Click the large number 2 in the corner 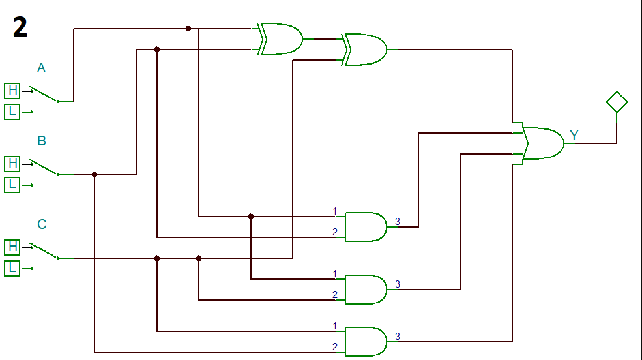(x=20, y=27)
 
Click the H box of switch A (x=12, y=91)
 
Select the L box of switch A (x=12, y=112)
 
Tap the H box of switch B (x=12, y=163)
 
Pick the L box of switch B (x=12, y=185)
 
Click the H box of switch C (x=12, y=247)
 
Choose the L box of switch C (x=12, y=268)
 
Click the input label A (x=41, y=68)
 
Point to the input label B (x=41, y=141)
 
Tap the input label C (x=42, y=225)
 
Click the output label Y (x=574, y=136)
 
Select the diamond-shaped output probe (x=616, y=102)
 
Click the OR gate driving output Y (x=544, y=143)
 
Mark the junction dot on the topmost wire (x=188, y=29)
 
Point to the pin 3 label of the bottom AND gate (x=398, y=337)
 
